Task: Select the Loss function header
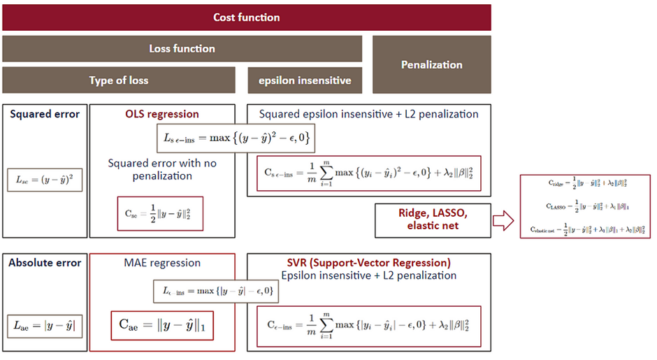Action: click(x=182, y=49)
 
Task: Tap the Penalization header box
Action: click(x=431, y=64)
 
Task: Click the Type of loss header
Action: click(x=119, y=80)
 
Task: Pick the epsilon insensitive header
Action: click(x=305, y=80)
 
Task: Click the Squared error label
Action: click(x=45, y=114)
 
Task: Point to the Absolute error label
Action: click(x=45, y=263)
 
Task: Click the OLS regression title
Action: click(x=161, y=114)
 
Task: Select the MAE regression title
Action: click(x=161, y=263)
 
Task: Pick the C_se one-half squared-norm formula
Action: click(x=160, y=215)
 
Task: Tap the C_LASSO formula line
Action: click(x=586, y=206)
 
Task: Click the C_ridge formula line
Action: click(x=586, y=185)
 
